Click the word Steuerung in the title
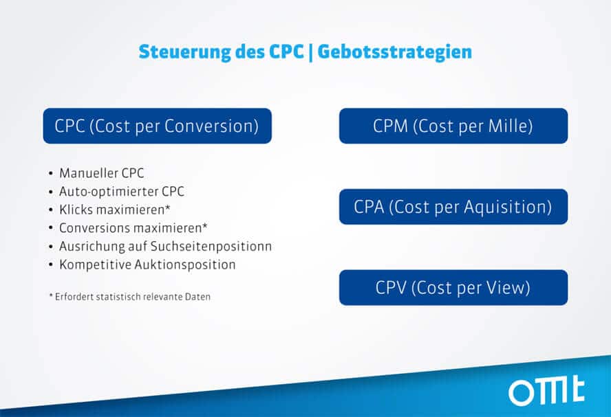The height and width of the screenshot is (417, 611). (x=184, y=52)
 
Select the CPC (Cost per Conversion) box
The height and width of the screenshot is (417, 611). (x=157, y=126)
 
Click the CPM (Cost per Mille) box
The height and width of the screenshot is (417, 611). (x=453, y=126)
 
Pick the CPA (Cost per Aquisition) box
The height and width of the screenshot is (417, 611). (x=453, y=207)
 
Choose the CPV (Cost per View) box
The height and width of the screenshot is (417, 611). (x=453, y=287)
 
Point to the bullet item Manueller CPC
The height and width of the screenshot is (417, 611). (x=101, y=173)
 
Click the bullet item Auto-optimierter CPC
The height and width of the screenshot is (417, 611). (x=122, y=192)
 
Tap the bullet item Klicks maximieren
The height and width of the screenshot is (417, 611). (x=114, y=210)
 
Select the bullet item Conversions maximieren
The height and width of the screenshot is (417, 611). (x=133, y=228)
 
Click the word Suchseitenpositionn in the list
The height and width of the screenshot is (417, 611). (x=211, y=247)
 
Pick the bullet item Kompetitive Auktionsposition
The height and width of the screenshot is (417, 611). (x=147, y=265)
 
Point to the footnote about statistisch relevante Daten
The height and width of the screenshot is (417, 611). (x=130, y=297)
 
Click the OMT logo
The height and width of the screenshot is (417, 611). (x=546, y=392)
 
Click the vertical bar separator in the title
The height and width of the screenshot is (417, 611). (x=310, y=53)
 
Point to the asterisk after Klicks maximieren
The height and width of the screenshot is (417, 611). (x=168, y=207)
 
